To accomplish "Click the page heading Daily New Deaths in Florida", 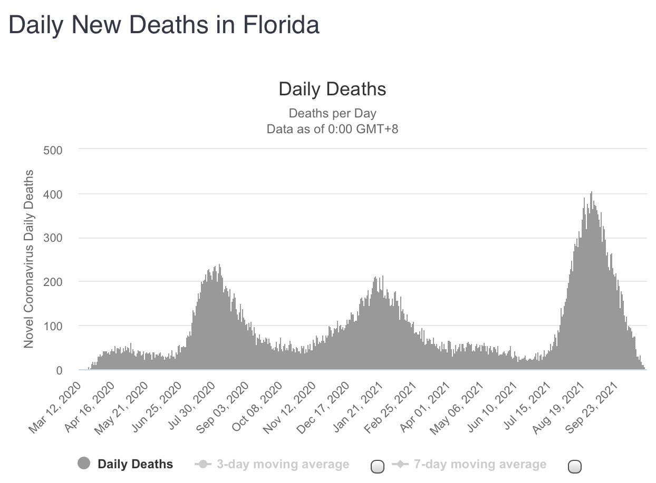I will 164,25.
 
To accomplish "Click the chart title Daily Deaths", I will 332,89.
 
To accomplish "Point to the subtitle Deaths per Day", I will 332,113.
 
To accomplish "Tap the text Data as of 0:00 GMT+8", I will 332,129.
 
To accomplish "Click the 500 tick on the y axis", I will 53,150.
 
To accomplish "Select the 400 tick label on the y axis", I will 53,194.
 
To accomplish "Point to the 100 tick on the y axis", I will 53,326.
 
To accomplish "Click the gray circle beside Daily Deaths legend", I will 84,464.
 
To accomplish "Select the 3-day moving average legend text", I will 283,464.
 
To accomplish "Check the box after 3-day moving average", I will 378,466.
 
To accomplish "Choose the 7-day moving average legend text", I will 480,464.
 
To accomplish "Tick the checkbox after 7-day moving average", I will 575,466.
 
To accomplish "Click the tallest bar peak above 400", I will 591,193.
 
